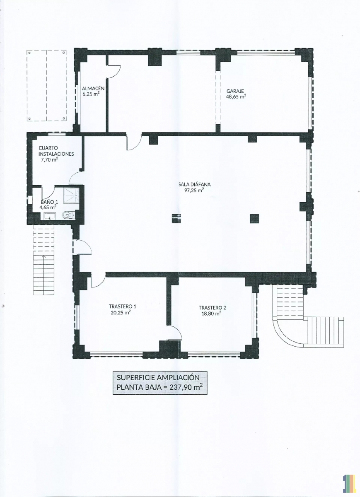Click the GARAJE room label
click(235, 91)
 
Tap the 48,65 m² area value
click(236, 97)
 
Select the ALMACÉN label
click(93, 88)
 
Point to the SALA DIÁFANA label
click(194, 184)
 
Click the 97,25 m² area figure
click(194, 190)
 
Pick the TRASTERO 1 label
click(123, 306)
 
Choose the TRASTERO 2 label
click(213, 308)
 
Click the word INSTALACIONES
click(56, 154)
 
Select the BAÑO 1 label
click(49, 202)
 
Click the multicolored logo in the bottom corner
click(350, 487)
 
